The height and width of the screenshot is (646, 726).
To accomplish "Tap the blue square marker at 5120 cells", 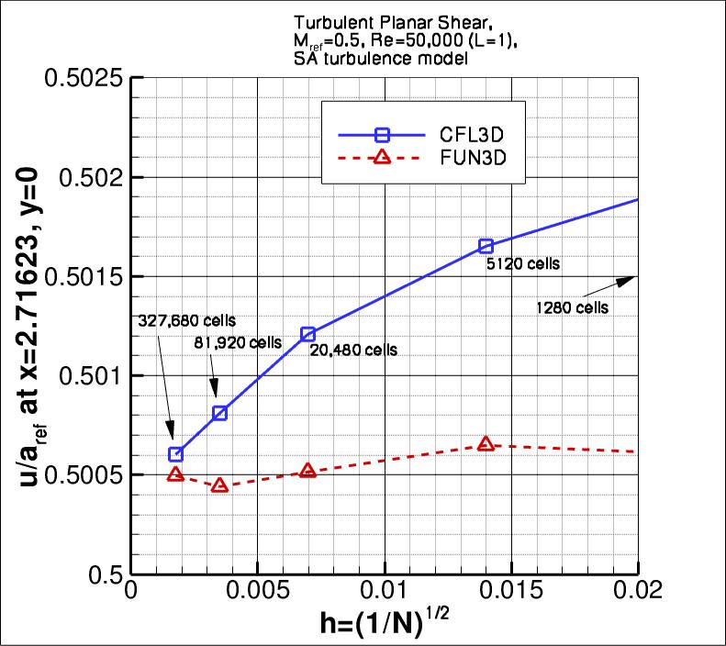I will [x=486, y=246].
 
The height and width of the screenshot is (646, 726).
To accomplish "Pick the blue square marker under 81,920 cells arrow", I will [x=220, y=413].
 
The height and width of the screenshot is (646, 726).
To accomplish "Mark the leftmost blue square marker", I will [x=176, y=454].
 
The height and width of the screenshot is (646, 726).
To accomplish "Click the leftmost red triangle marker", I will [x=176, y=474].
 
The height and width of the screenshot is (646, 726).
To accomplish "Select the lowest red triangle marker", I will [x=219, y=484].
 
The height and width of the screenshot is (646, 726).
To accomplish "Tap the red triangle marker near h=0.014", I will [x=486, y=444].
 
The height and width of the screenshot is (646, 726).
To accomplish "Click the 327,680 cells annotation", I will [x=187, y=321].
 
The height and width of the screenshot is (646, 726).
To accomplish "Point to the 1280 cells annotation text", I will [x=572, y=308].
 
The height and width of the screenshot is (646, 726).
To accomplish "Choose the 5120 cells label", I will [x=523, y=264].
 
